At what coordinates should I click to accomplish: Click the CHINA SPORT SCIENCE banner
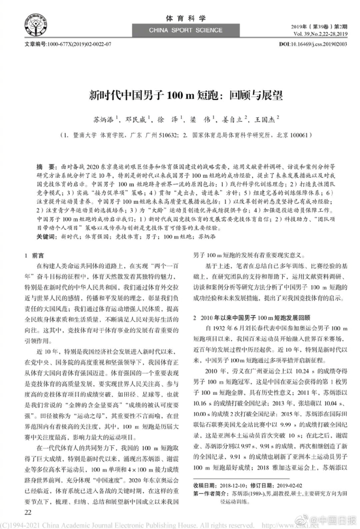point(180,31)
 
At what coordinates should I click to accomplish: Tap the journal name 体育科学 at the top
point(180,18)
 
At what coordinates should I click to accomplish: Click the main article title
point(180,96)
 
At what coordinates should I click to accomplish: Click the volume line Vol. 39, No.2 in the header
point(317,33)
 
